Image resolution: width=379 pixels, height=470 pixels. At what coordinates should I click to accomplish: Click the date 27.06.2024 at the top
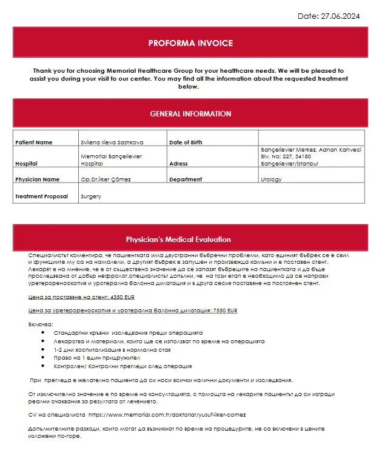[x=340, y=16]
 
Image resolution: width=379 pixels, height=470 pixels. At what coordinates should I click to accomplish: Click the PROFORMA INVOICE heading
[x=190, y=43]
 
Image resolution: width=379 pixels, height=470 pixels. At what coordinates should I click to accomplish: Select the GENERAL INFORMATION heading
[x=190, y=113]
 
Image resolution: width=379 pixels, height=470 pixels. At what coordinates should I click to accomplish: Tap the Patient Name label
[x=34, y=143]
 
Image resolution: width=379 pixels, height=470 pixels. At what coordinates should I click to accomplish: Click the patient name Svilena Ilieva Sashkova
[x=112, y=143]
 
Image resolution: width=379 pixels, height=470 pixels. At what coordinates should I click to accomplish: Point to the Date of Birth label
[x=186, y=143]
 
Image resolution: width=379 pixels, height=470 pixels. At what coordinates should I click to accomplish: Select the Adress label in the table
[x=179, y=164]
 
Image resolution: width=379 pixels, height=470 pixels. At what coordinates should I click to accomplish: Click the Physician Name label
[x=37, y=180]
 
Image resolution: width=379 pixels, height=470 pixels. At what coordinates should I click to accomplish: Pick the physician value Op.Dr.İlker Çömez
[x=106, y=180]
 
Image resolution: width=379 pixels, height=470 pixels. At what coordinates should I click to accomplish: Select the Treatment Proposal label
[x=41, y=196]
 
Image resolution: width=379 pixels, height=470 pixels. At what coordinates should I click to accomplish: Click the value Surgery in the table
[x=91, y=196]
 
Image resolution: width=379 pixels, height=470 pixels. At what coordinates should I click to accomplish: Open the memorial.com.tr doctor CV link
[x=167, y=415]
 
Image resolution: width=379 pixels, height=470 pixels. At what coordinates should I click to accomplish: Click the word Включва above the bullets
[x=41, y=324]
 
